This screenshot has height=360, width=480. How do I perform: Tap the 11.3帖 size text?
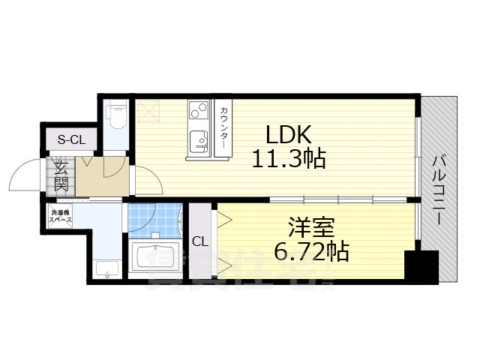click(288, 159)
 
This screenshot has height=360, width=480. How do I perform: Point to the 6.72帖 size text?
click(311, 250)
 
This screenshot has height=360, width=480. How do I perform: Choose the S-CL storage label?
click(72, 139)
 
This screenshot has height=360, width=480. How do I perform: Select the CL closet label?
click(199, 241)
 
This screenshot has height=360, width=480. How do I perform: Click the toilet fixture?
click(116, 116)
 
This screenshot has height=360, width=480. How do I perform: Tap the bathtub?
click(156, 259)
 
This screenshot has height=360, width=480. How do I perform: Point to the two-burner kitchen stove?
click(198, 110)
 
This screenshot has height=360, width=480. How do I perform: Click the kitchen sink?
click(198, 140)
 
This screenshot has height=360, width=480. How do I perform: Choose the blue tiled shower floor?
click(154, 217)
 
